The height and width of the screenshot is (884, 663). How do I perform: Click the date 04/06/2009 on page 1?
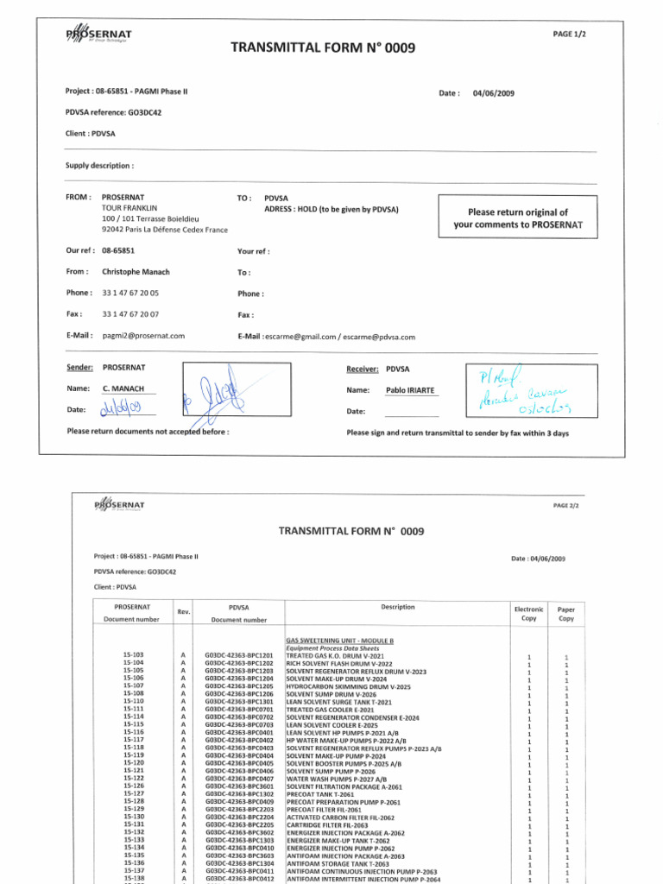495,93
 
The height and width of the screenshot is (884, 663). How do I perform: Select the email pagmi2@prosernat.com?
142,336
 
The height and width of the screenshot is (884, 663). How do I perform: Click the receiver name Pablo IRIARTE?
412,390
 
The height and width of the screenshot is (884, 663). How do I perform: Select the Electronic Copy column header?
528,614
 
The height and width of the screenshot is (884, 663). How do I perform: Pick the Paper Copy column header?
566,614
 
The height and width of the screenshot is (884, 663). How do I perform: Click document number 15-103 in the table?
133,655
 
